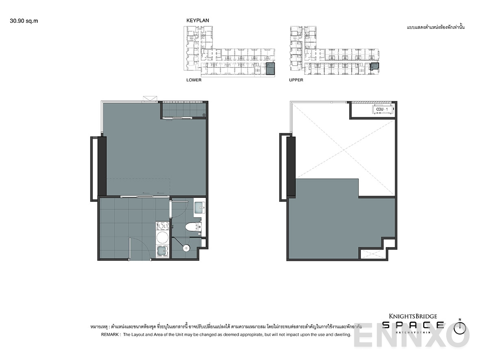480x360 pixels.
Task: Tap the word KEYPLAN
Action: pyautogui.click(x=198, y=20)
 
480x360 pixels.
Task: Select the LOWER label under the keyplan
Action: pyautogui.click(x=194, y=80)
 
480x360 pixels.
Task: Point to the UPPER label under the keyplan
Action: pyautogui.click(x=296, y=80)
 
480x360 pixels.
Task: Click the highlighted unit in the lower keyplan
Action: pyautogui.click(x=269, y=68)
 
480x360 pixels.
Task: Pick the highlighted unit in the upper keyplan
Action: pyautogui.click(x=374, y=66)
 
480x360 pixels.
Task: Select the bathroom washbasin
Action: pyautogui.click(x=200, y=208)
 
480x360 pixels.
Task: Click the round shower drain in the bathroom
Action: pyautogui.click(x=187, y=247)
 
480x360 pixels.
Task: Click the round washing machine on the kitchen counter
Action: pyautogui.click(x=162, y=238)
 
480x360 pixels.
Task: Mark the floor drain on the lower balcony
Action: pyautogui.click(x=204, y=115)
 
